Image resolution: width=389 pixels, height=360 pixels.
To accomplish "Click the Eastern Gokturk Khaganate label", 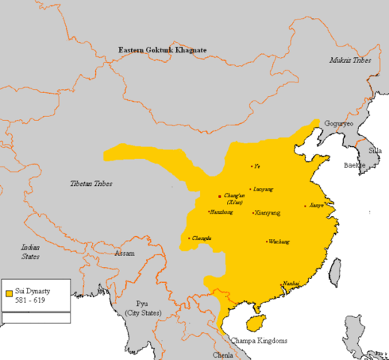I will [162, 49].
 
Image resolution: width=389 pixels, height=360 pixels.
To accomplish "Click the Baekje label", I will [353, 164].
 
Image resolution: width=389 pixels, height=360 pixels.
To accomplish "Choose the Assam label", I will [124, 253].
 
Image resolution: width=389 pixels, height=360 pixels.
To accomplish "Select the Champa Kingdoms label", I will [258, 340].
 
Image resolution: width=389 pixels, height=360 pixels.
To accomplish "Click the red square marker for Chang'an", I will [219, 196].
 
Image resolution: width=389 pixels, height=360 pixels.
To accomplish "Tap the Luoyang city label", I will [263, 190].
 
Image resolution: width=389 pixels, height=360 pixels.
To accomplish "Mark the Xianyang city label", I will [268, 213].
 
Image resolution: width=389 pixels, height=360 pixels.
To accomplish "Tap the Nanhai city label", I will [292, 283].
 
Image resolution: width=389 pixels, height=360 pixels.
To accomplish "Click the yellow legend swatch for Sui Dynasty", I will [8, 292].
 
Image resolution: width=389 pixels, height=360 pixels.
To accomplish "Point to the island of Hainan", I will [257, 322].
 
